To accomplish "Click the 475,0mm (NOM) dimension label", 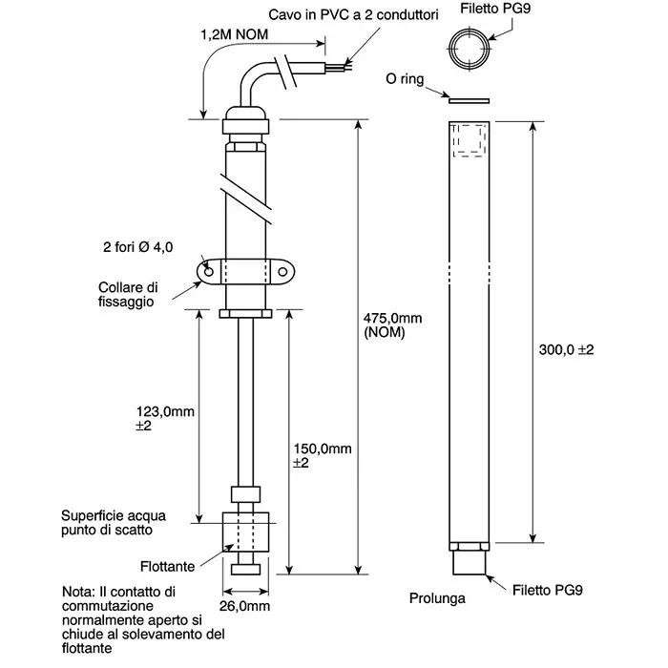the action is (392, 325).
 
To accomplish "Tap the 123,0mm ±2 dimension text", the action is (165, 418).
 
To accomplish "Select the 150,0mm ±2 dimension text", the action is (323, 455).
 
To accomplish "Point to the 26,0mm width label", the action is (244, 606).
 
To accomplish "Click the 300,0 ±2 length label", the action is (566, 350).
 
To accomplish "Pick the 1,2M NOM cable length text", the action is (235, 34).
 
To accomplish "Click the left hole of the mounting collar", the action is (209, 271).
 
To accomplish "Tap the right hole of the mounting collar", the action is (282, 271).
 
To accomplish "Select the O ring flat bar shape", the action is (469, 101).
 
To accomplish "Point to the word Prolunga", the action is (437, 598).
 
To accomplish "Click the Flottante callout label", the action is (167, 566).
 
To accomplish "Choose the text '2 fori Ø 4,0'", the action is (137, 247).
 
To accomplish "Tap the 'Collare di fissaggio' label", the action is (128, 294).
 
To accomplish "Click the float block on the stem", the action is (245, 532).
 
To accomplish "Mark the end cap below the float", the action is (246, 569).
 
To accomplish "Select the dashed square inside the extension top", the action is (470, 140).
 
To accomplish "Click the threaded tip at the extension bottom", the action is (470, 562).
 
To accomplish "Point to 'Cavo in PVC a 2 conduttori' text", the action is (353, 15).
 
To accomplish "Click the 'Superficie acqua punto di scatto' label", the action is (113, 523).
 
